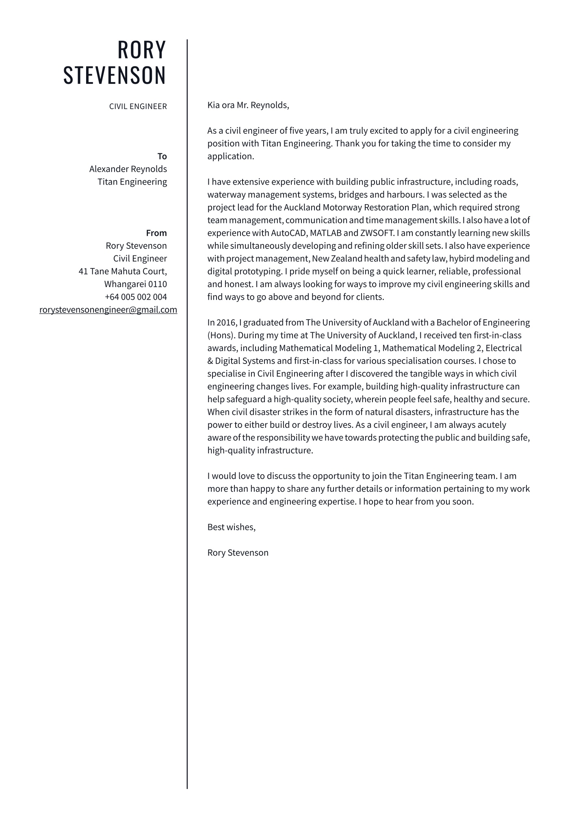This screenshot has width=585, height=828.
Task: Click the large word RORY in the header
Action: tap(142, 50)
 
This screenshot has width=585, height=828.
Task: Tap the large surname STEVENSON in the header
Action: tap(115, 75)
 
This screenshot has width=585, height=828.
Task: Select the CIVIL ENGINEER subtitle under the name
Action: tap(138, 107)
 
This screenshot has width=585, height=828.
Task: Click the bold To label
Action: tap(162, 157)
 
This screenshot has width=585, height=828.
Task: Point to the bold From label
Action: tap(156, 233)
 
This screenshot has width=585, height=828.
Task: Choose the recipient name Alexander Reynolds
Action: tap(128, 169)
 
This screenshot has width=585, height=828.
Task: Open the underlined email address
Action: tap(108, 310)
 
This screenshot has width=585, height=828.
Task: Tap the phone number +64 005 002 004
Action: tap(136, 297)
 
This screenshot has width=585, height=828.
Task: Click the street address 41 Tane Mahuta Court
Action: tap(123, 271)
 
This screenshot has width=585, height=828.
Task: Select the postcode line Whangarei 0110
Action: tap(136, 284)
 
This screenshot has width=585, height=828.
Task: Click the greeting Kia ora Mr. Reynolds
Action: tap(248, 105)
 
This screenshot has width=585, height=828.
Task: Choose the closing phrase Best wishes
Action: tap(231, 527)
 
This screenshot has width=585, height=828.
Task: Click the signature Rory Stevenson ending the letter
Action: tap(238, 553)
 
